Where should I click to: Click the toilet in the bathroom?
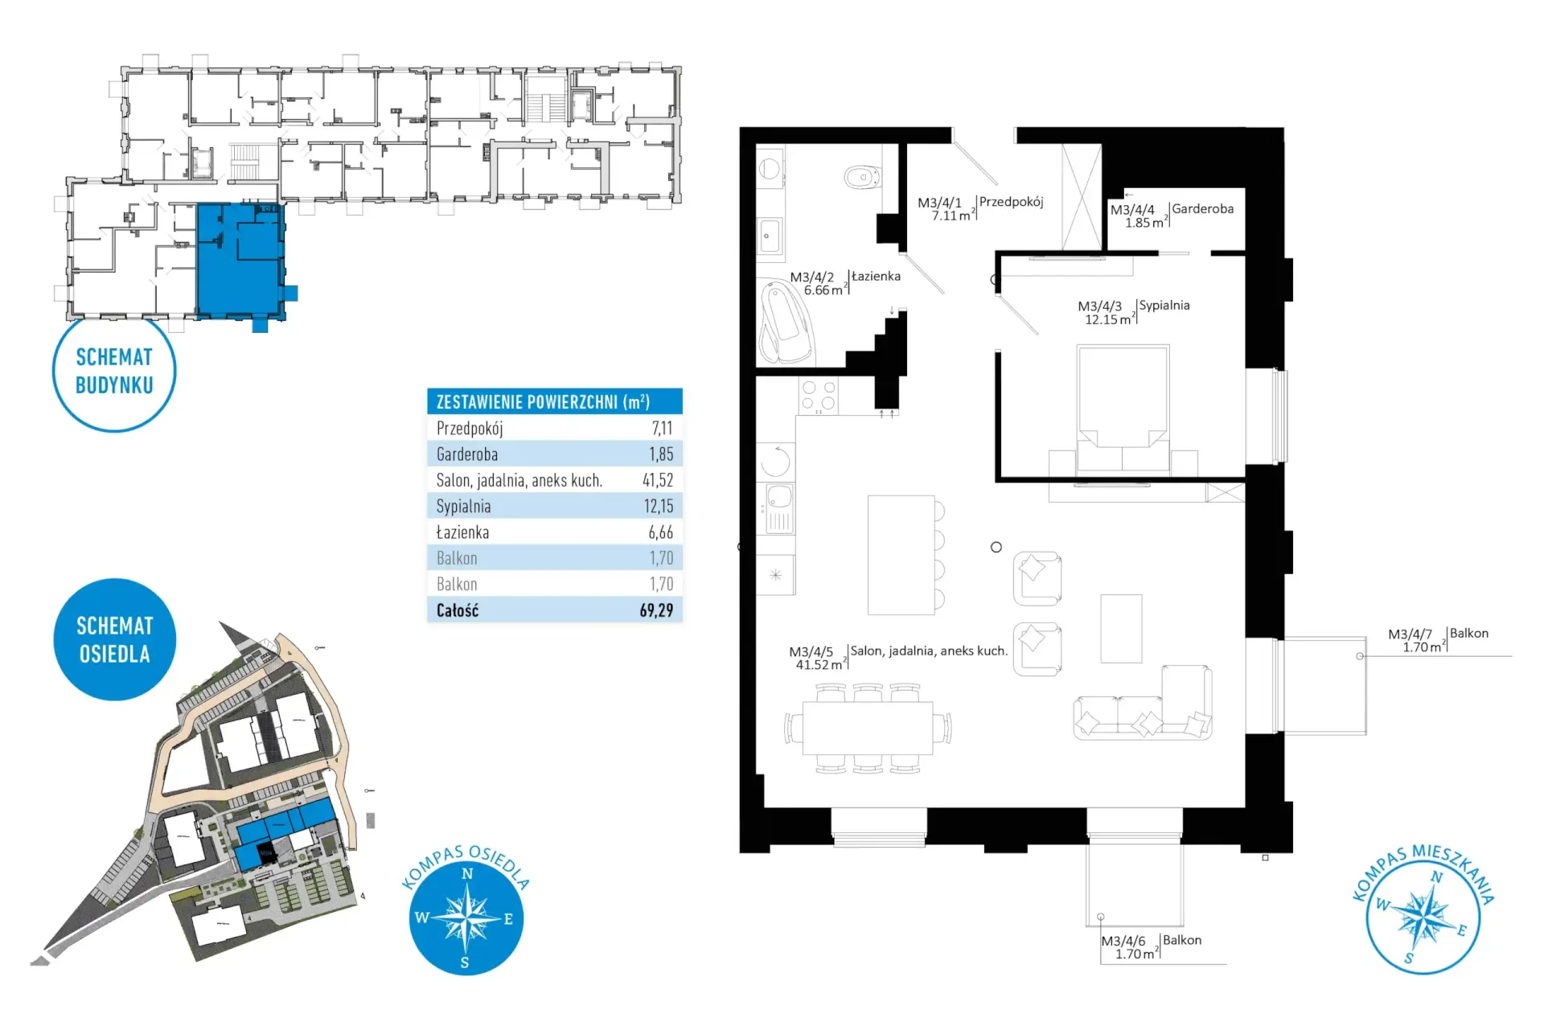863,177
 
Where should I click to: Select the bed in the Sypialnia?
1123,408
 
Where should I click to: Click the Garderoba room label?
1202,208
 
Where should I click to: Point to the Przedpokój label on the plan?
1011,202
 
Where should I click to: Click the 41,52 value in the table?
658,480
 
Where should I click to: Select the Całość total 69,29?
656,610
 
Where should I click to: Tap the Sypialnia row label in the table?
463,507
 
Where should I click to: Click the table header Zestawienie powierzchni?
543,401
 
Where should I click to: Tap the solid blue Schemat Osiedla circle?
114,639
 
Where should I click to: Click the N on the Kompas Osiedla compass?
467,874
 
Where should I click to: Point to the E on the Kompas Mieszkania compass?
1461,930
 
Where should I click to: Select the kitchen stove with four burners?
819,396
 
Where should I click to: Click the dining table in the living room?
868,729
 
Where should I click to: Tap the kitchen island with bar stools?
901,555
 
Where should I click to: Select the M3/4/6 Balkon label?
1151,946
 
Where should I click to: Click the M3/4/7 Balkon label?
1438,640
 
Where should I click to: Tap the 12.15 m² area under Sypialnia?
1109,320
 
